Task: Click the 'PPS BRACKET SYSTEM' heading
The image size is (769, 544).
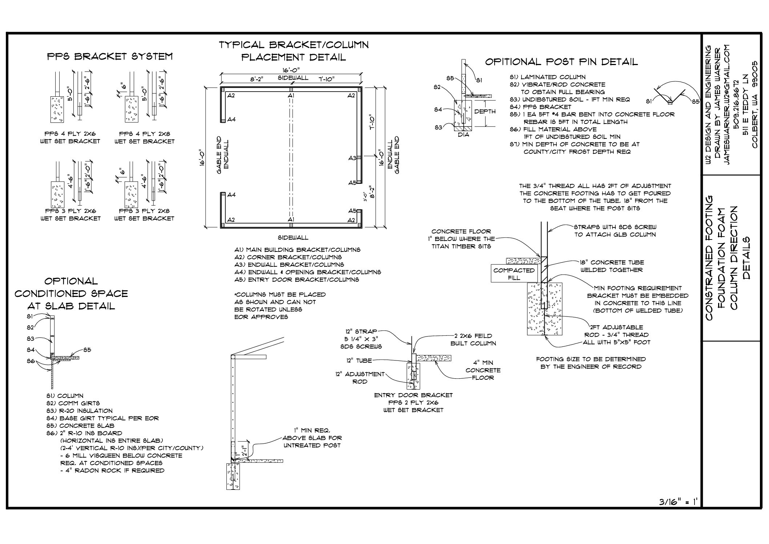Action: (x=110, y=57)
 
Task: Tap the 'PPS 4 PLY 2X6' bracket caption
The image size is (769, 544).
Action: (x=70, y=134)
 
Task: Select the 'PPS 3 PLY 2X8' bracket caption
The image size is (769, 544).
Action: (x=144, y=211)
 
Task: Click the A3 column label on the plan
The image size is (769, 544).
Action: (x=352, y=158)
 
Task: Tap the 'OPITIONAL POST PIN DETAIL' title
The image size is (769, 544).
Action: (x=561, y=62)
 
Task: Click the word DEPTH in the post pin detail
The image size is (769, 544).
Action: (x=485, y=112)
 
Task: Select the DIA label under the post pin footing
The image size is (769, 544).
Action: (x=464, y=134)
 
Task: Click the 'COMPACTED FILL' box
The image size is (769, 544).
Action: (x=514, y=274)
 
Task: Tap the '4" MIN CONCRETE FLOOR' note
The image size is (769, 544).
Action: (x=483, y=370)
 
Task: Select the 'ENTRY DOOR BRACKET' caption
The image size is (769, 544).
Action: (x=414, y=395)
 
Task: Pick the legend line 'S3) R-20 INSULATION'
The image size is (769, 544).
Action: (x=80, y=411)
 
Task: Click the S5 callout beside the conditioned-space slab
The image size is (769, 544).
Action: (x=87, y=350)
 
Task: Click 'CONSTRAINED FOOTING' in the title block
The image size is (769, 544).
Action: (x=709, y=258)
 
